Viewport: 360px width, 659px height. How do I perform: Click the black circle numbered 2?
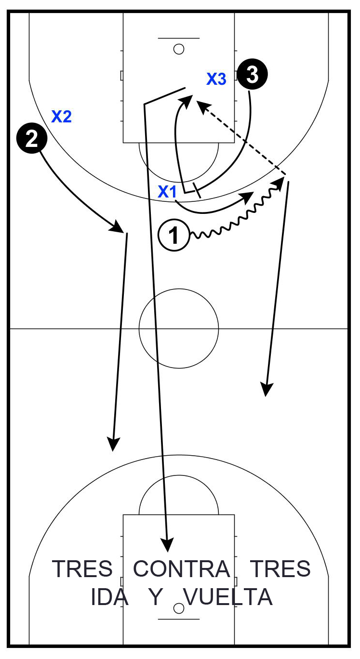[32, 138]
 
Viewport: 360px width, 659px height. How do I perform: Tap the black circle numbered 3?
[253, 75]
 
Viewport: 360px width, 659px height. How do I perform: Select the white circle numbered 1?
[174, 235]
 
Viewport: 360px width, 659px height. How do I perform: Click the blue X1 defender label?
[167, 192]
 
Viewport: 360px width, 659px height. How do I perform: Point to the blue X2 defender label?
[62, 117]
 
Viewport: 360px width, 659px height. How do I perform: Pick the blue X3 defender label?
[216, 79]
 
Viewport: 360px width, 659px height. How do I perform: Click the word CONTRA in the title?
[182, 569]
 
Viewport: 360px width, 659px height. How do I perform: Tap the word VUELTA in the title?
[228, 597]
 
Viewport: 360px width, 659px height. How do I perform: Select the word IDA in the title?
[109, 597]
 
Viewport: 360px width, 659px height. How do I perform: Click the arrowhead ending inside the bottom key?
[167, 545]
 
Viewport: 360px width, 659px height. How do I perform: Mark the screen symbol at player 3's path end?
[197, 190]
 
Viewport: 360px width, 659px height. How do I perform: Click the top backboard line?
[179, 38]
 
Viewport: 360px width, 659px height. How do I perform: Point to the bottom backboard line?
[179, 619]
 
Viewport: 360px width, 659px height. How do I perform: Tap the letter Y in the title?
[156, 597]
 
